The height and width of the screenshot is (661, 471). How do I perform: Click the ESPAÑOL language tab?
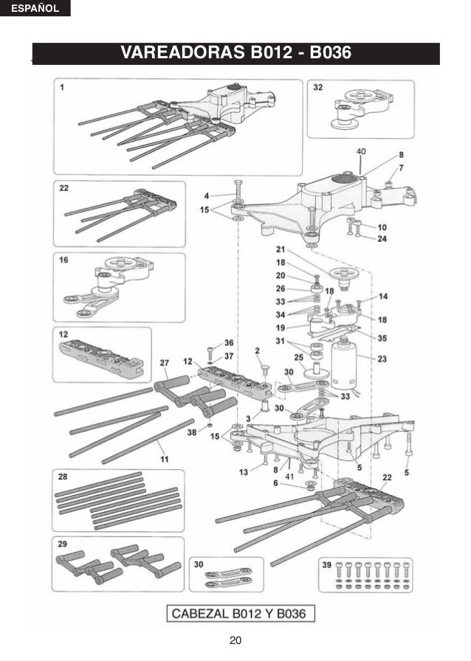(35, 9)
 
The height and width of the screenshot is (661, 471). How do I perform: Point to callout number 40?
(361, 150)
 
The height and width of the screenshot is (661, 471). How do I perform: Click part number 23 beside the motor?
(382, 360)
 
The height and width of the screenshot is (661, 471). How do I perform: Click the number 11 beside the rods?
(164, 458)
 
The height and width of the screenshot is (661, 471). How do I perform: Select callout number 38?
(192, 432)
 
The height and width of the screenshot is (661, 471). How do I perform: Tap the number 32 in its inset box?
(317, 87)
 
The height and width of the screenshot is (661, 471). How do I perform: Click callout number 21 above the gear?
(281, 249)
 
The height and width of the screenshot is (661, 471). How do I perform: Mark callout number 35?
(382, 339)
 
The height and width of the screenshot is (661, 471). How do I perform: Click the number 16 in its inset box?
(64, 260)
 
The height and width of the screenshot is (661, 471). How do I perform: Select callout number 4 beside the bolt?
(207, 195)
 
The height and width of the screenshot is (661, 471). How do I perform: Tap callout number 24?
(382, 238)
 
